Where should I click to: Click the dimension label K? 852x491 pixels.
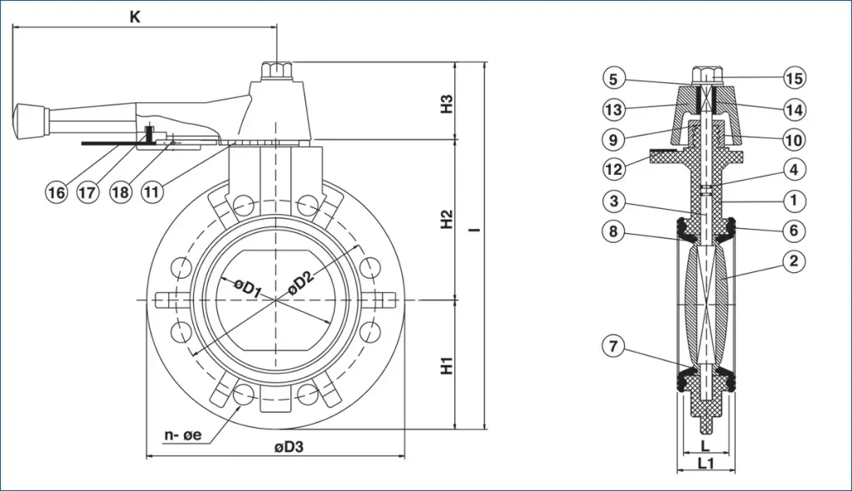pyautogui.click(x=135, y=17)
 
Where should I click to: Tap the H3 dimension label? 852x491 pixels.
pyautogui.click(x=446, y=103)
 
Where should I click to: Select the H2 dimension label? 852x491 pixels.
pyautogui.click(x=446, y=219)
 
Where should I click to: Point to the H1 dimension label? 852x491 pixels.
pyautogui.click(x=446, y=365)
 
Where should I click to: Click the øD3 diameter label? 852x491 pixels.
pyautogui.click(x=289, y=447)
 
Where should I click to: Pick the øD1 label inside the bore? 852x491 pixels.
pyautogui.click(x=247, y=287)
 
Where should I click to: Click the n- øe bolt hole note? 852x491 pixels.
pyautogui.click(x=183, y=435)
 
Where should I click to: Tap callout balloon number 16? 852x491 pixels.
pyautogui.click(x=56, y=192)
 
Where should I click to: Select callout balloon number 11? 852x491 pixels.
pyautogui.click(x=151, y=192)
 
